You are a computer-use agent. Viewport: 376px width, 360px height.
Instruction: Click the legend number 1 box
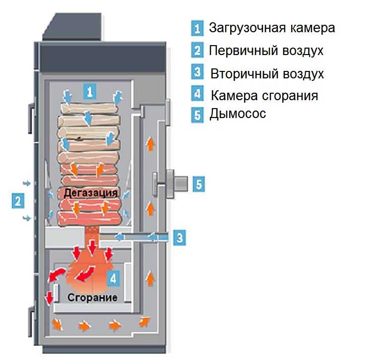pyautogui.click(x=197, y=28)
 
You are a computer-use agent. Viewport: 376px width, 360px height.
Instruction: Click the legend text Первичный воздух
pyautogui.click(x=266, y=51)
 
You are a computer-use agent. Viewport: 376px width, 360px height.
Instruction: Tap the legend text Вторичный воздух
pyautogui.click(x=267, y=74)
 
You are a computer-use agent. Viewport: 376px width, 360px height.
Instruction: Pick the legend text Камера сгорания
pyautogui.click(x=264, y=95)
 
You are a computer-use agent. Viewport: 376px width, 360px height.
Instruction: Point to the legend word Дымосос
pyautogui.click(x=238, y=114)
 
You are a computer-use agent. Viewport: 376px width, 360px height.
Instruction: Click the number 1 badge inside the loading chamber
pyautogui.click(x=89, y=91)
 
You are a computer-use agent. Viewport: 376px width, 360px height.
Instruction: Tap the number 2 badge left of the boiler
pyautogui.click(x=18, y=201)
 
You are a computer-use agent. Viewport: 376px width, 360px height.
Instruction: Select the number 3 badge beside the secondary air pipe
pyautogui.click(x=180, y=238)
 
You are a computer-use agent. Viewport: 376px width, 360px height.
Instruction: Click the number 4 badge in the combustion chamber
pyautogui.click(x=114, y=278)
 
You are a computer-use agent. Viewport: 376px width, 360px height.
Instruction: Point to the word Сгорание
pyautogui.click(x=93, y=298)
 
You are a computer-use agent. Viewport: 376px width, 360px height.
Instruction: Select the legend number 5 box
pyautogui.click(x=197, y=115)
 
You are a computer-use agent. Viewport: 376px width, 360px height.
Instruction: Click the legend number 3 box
pyautogui.click(x=197, y=72)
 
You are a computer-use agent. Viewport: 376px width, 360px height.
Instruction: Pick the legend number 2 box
pyautogui.click(x=197, y=51)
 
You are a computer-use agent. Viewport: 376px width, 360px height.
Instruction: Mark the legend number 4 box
pyautogui.click(x=197, y=94)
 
